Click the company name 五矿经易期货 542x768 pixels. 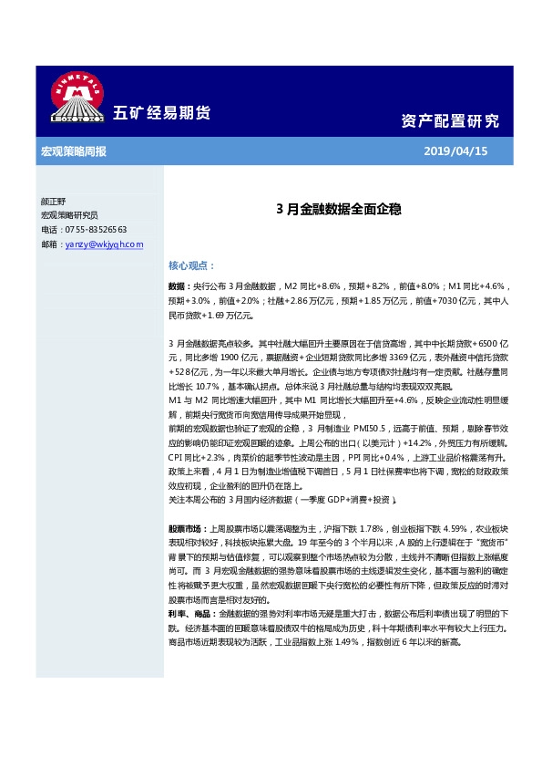[x=161, y=113]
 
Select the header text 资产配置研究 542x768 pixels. [x=450, y=120]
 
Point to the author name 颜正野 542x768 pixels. [x=54, y=201]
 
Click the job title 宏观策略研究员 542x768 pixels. [x=69, y=215]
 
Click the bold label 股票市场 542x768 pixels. [x=187, y=528]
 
